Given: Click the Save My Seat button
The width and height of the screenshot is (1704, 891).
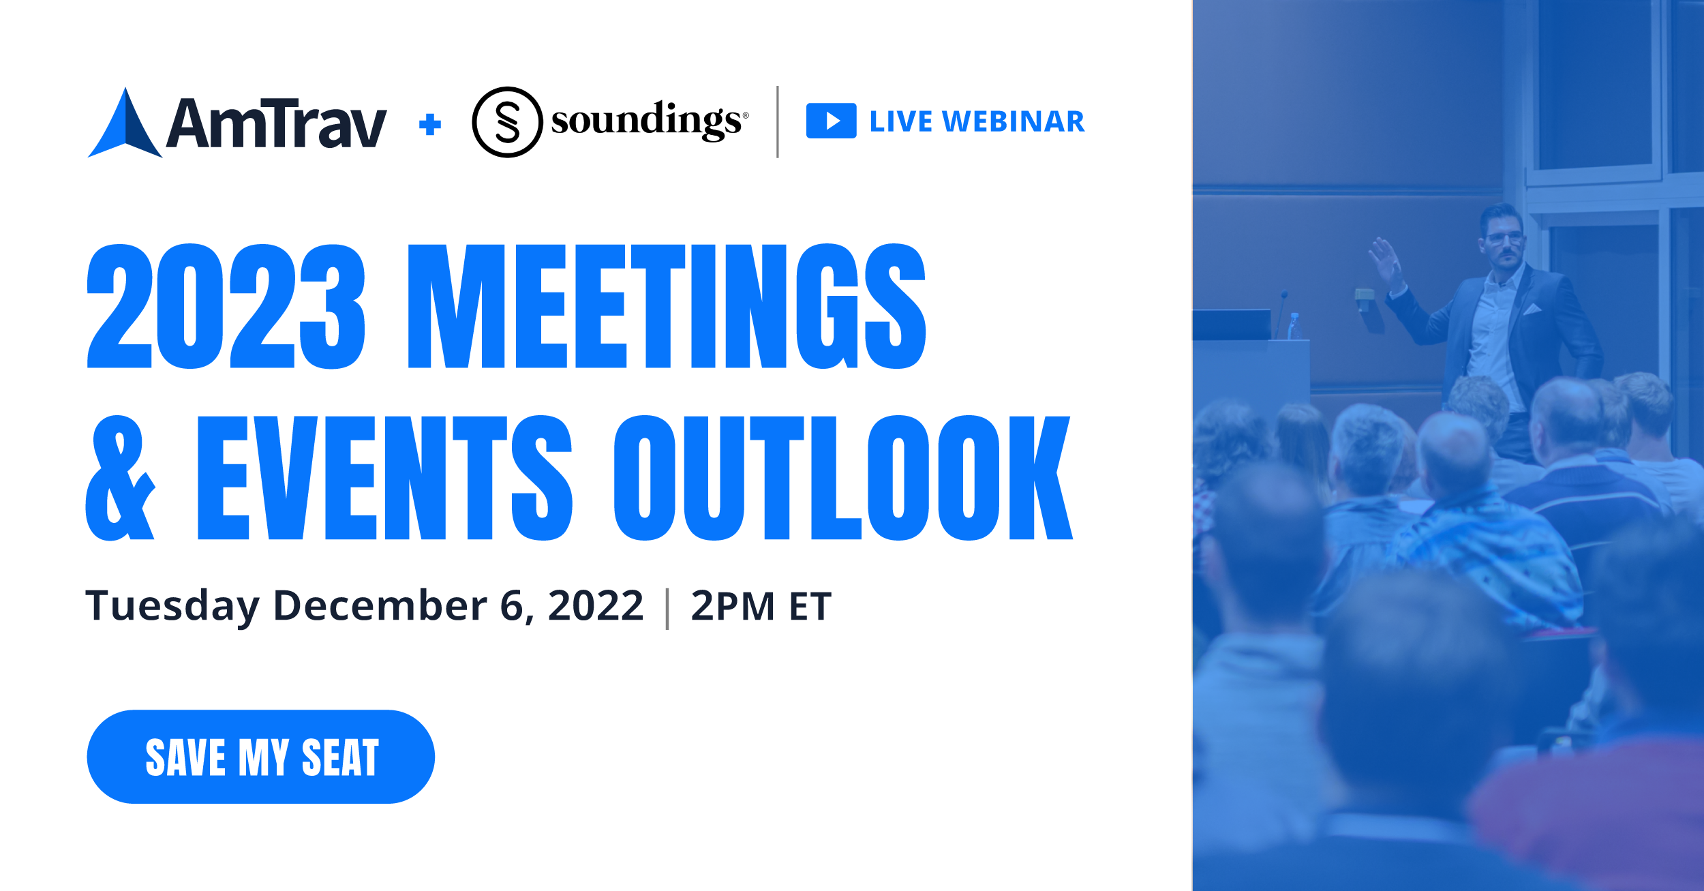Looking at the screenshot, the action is pos(261,757).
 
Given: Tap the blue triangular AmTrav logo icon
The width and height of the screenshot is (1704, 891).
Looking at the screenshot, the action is pos(125,123).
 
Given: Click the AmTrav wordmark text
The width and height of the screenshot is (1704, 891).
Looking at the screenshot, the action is pos(276,123).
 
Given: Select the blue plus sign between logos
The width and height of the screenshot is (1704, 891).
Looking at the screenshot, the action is pos(430,124).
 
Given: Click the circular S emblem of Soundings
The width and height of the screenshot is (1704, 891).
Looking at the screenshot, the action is pos(507,122).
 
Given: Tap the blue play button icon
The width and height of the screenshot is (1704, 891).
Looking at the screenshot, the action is pos(831,121).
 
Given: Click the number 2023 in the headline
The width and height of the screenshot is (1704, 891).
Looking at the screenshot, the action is pos(226,306).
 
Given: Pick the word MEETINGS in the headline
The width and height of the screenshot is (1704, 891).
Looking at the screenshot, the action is pos(667,306).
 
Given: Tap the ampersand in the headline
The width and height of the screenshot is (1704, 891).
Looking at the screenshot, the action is pos(121,478).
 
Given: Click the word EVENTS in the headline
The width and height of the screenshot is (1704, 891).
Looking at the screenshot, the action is pos(385,478).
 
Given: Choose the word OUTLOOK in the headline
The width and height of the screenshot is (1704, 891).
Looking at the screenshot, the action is pos(844,478).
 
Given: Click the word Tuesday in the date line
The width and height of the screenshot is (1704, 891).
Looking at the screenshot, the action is pos(172,606).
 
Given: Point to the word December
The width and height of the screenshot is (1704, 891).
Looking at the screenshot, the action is pos(380,605).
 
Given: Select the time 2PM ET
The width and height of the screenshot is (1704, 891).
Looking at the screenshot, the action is pos(761,605).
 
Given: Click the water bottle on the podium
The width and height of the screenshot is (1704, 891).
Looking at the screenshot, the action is pos(1294,326).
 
